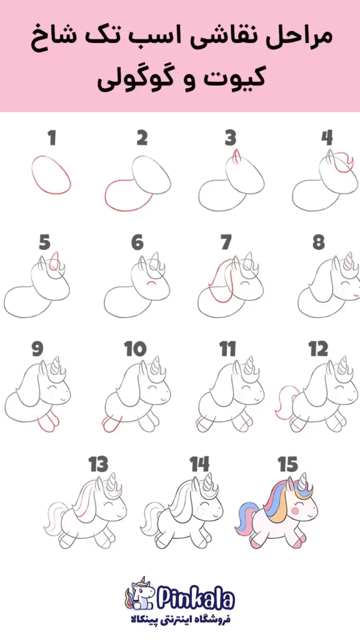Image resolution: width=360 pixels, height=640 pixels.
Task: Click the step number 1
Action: point(52,138)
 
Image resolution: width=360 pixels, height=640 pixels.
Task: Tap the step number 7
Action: point(226,243)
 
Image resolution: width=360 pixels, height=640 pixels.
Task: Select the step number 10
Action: point(136,349)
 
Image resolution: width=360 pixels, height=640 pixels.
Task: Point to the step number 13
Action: point(99,464)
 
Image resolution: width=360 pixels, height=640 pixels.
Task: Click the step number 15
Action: point(288,464)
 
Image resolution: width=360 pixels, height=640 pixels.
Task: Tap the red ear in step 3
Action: point(236,157)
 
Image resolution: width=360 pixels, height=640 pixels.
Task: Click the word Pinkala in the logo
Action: point(195,599)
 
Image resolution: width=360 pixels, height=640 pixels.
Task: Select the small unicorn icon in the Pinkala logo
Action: point(139,594)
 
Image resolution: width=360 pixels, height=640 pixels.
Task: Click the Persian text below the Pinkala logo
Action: point(180,619)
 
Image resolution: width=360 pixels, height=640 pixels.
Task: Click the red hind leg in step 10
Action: point(109,424)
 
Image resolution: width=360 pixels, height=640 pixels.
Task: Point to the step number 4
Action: point(326,138)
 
